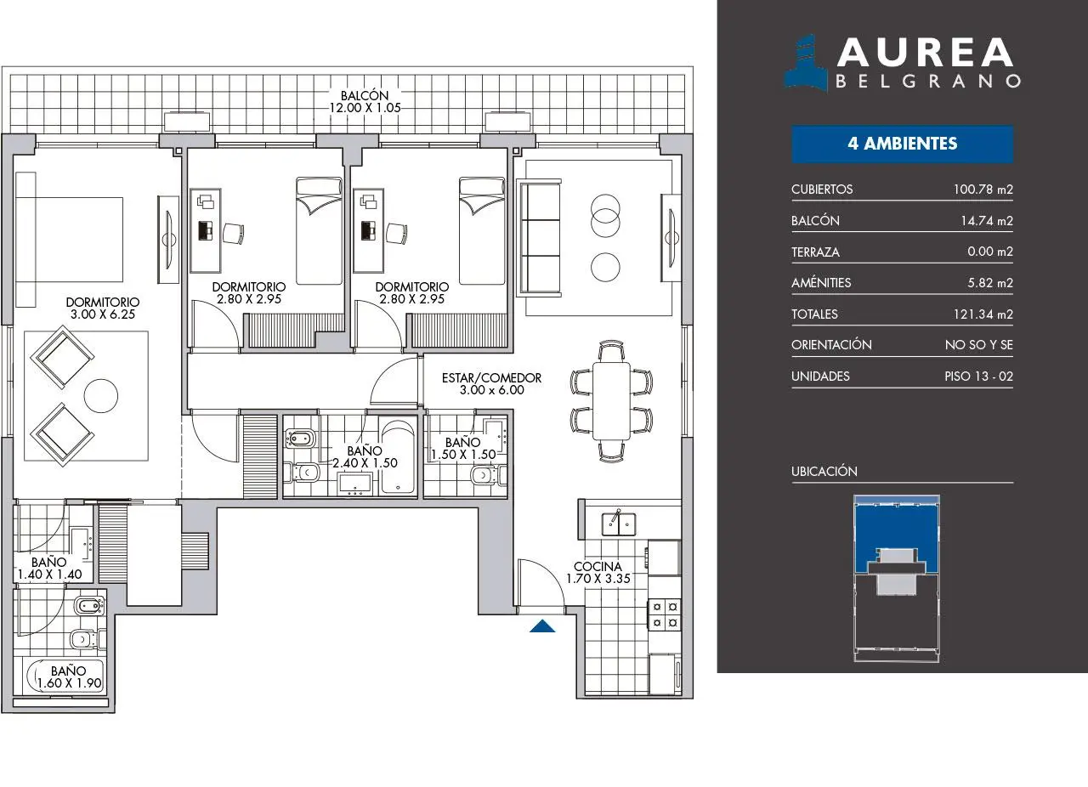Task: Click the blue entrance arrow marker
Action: tap(542, 626)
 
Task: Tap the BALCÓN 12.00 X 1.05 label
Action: tap(365, 101)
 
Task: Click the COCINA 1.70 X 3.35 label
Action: tap(598, 572)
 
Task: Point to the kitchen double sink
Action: tap(618, 524)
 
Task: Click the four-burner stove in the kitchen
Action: tap(665, 614)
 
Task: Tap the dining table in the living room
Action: tap(611, 401)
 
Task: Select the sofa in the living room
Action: tap(539, 238)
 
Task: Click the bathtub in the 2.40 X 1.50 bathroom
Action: tap(398, 456)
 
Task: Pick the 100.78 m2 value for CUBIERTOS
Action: tap(983, 189)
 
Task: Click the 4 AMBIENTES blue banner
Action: tap(903, 144)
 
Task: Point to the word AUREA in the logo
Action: tap(925, 53)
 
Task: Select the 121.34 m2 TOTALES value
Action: tap(983, 314)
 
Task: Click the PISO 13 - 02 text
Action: tap(978, 377)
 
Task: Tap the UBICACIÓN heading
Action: tap(824, 471)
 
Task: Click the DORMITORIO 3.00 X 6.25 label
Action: tap(103, 308)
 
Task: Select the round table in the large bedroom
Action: tap(101, 395)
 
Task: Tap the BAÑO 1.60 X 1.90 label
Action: tap(69, 677)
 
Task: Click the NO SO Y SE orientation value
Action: tap(978, 345)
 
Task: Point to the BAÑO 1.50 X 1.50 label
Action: tap(463, 449)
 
